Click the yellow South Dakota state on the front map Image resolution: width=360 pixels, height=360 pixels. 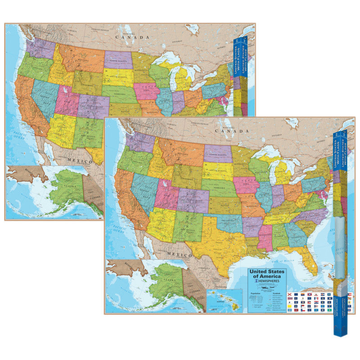pos(218,171)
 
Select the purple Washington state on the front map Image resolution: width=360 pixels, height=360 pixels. pos(141,142)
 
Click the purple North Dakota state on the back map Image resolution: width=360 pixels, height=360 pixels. pos(118,59)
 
